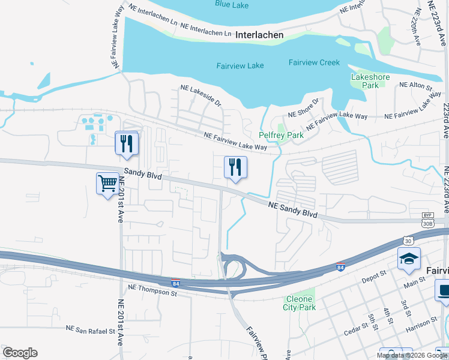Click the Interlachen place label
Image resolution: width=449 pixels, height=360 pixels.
tap(259, 35)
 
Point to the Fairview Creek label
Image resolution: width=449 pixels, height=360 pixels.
tap(314, 62)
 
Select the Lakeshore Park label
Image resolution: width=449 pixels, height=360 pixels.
tap(370, 81)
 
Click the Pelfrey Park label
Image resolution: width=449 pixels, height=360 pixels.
tap(281, 135)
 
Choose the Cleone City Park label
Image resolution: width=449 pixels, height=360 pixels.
tap(299, 303)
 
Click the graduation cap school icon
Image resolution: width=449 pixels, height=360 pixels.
tap(409, 259)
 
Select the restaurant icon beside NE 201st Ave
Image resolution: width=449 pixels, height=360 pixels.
tap(127, 143)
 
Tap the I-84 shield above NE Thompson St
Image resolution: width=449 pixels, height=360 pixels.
tap(175, 282)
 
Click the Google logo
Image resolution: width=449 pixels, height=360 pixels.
tap(20, 353)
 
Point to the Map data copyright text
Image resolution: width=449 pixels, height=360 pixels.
tap(412, 355)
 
